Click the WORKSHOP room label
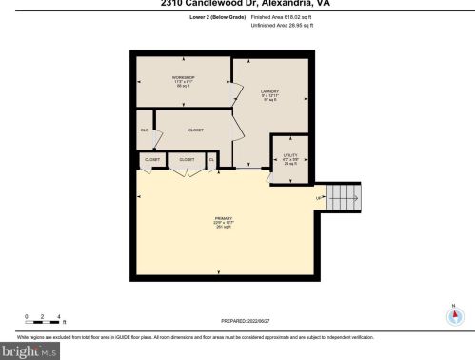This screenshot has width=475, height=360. pyautogui.click(x=183, y=77)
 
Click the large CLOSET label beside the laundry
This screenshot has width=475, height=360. pyautogui.click(x=195, y=130)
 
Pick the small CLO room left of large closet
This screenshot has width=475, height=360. pyautogui.click(x=145, y=130)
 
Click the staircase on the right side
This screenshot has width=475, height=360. pyautogui.click(x=342, y=198)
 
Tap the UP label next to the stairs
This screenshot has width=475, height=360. pyautogui.click(x=319, y=198)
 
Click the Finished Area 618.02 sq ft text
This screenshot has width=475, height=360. pyautogui.click(x=283, y=16)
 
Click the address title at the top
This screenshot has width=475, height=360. pyautogui.click(x=237, y=3)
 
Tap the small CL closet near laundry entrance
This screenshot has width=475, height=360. pyautogui.click(x=211, y=159)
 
